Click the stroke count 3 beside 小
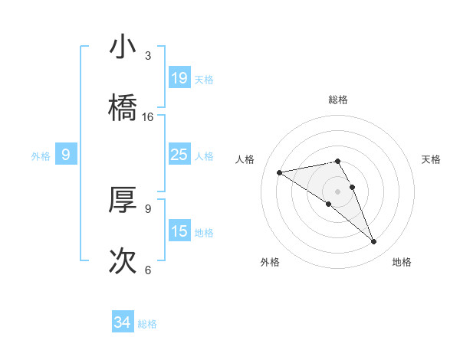[148, 56]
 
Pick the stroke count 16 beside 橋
[148, 117]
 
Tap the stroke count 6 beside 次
[148, 270]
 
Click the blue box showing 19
[179, 77]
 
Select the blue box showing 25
[179, 155]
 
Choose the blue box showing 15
[179, 231]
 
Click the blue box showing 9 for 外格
[66, 155]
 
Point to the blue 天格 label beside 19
[204, 79]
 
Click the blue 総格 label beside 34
[147, 324]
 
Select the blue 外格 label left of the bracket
[41, 156]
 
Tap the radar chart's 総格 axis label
[338, 100]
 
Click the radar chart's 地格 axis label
[402, 262]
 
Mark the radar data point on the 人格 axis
[279, 172]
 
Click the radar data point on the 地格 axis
[373, 242]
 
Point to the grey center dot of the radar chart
[338, 191]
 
